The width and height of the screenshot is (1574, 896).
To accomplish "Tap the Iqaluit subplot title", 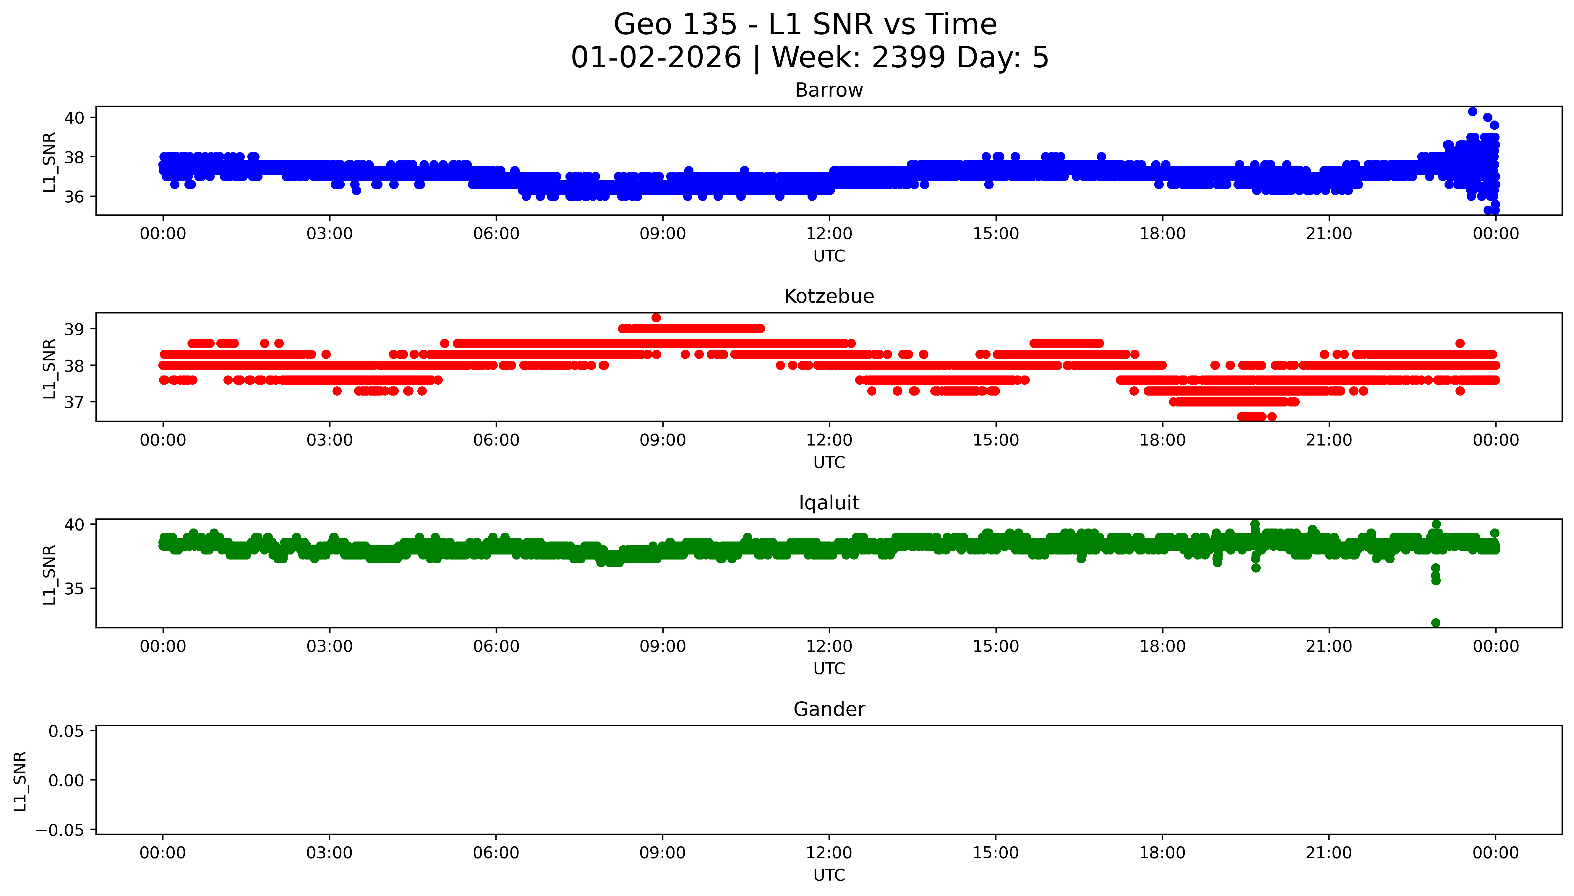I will pyautogui.click(x=829, y=503).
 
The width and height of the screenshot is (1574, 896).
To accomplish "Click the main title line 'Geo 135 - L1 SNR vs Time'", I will pyautogui.click(x=805, y=25).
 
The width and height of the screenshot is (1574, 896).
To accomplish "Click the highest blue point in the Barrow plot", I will pyautogui.click(x=1472, y=111).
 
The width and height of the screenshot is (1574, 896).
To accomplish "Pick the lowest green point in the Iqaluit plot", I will pyautogui.click(x=1435, y=623).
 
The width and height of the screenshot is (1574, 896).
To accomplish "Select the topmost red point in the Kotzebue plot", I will pyautogui.click(x=656, y=318).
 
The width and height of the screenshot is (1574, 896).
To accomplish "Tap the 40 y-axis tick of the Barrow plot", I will pyautogui.click(x=74, y=118).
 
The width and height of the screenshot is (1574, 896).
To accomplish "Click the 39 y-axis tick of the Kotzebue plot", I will pyautogui.click(x=74, y=329).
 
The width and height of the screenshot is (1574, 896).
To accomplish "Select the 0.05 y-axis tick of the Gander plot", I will pyautogui.click(x=67, y=731).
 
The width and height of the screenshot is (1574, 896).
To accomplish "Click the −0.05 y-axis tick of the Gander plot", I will pyautogui.click(x=60, y=830).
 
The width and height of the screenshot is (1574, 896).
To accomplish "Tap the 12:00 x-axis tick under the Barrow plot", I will pyautogui.click(x=829, y=234).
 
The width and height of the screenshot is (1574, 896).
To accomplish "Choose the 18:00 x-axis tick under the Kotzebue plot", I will pyautogui.click(x=1162, y=440).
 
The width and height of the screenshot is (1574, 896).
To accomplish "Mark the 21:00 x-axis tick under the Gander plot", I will pyautogui.click(x=1329, y=853).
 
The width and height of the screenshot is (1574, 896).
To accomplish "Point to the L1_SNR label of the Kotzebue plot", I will pyautogui.click(x=49, y=368).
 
